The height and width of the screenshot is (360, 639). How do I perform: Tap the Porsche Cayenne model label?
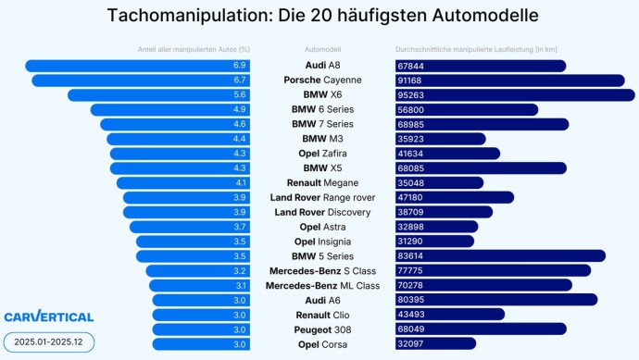pyautogui.click(x=322, y=81)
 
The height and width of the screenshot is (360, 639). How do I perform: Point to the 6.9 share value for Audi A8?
pyautogui.click(x=239, y=66)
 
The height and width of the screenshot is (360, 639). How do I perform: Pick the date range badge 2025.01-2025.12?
pyautogui.click(x=48, y=342)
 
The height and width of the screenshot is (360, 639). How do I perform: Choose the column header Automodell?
pyautogui.click(x=322, y=49)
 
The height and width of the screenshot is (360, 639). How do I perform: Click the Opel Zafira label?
pyautogui.click(x=322, y=154)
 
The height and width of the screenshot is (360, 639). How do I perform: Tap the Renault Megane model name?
pyautogui.click(x=322, y=183)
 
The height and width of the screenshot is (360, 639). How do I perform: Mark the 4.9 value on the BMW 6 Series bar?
pyautogui.click(x=239, y=110)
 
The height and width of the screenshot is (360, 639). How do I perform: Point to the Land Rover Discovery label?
pyautogui.click(x=322, y=212)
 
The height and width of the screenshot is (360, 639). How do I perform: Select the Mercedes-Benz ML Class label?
pyautogui.click(x=322, y=285)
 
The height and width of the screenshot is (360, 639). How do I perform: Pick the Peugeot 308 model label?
pyautogui.click(x=322, y=329)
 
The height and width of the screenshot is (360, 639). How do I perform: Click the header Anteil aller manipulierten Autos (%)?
pyautogui.click(x=194, y=49)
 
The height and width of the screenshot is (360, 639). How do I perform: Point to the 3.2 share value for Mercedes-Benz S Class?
pyautogui.click(x=239, y=271)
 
